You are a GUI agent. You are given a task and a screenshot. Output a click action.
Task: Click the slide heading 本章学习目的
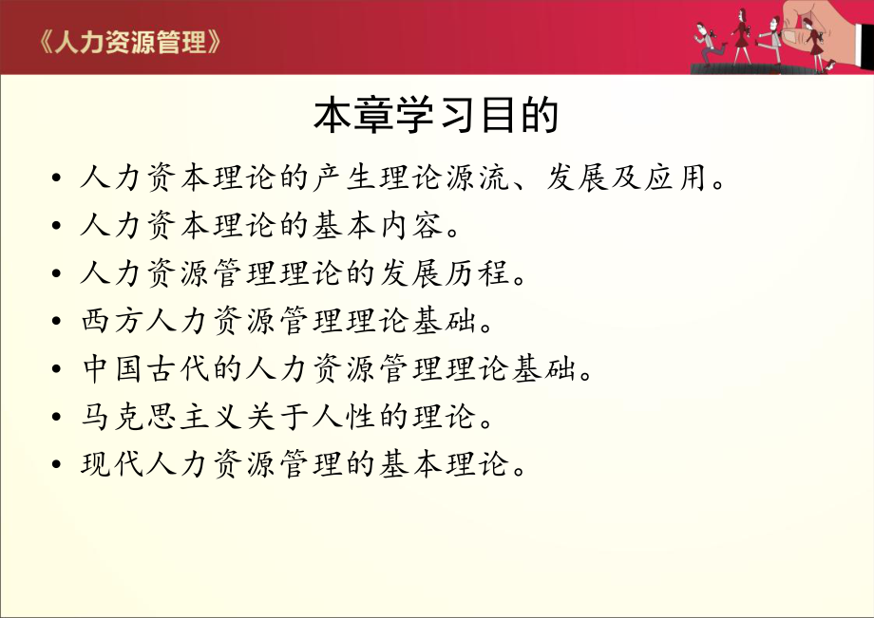(x=436, y=116)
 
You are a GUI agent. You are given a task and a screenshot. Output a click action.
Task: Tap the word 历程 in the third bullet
(x=494, y=273)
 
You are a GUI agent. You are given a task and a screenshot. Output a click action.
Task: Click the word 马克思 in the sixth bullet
(x=127, y=417)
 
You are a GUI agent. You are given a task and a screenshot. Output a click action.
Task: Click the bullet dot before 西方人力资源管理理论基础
(x=59, y=322)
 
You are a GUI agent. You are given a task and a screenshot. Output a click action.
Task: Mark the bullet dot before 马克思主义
(x=59, y=418)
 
